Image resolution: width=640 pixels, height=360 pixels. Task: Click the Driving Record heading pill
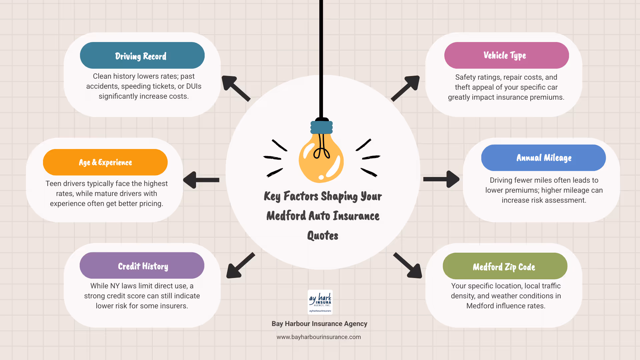click(142, 55)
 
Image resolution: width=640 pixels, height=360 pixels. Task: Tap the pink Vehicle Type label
click(506, 55)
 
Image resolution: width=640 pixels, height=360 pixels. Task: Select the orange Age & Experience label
click(105, 162)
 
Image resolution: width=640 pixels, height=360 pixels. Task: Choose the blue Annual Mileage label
click(543, 158)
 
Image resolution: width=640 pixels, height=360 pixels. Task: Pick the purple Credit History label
click(142, 266)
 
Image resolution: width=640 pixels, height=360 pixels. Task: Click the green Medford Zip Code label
click(505, 266)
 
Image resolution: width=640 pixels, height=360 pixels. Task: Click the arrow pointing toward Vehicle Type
click(406, 88)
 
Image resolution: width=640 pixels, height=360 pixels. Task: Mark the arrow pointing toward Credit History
click(240, 266)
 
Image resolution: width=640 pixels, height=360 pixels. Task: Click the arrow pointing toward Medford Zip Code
click(408, 266)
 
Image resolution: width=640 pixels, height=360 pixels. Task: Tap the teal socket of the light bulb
click(322, 127)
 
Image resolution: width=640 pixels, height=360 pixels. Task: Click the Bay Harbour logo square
click(320, 302)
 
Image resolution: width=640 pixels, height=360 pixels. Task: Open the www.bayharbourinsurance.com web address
click(319, 337)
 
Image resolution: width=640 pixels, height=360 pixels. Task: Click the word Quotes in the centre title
click(323, 236)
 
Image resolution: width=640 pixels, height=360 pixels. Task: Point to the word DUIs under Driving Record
click(194, 86)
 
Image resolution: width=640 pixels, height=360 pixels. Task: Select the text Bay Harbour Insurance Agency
click(319, 324)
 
